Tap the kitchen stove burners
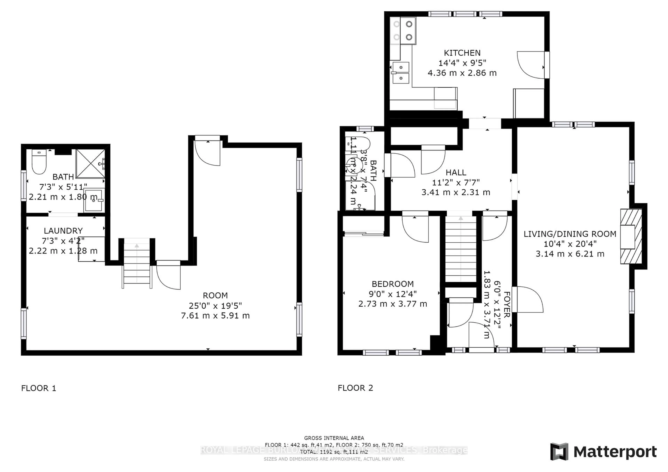pos(403,31)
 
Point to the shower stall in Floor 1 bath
pos(90,163)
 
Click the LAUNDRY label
pos(63,231)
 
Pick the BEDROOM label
pos(392,284)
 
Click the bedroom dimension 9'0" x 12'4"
pos(392,294)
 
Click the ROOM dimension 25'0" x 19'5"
pos(215,306)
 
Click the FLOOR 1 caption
pos(39,388)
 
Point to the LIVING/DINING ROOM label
pos(570,234)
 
